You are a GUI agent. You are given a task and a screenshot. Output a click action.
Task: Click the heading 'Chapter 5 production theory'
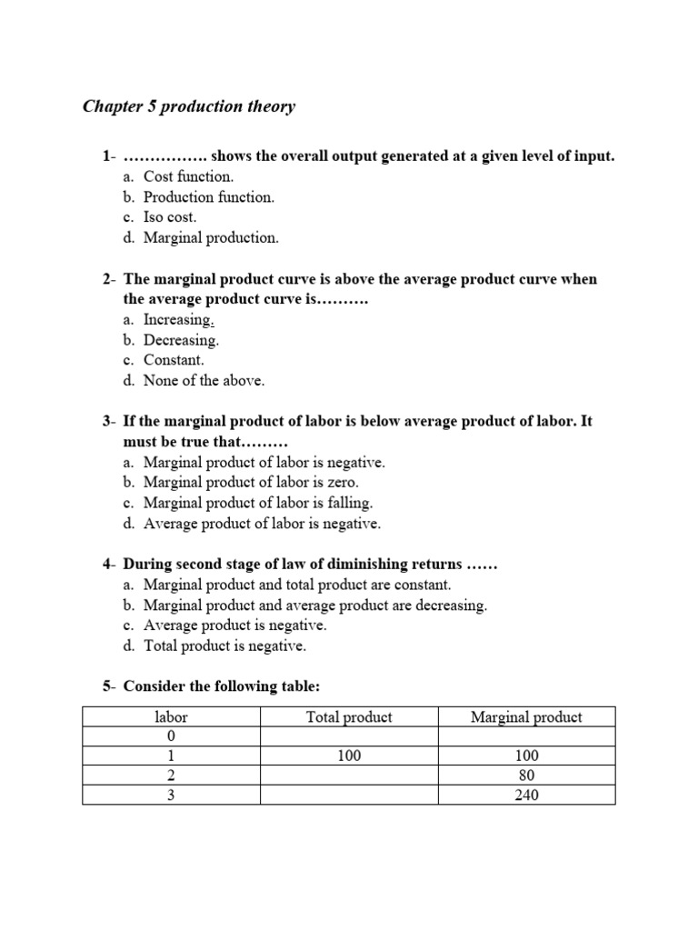tap(189, 107)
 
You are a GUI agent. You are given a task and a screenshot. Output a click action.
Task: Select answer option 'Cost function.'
tap(188, 176)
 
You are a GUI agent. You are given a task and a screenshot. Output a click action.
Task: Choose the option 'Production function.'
tap(208, 197)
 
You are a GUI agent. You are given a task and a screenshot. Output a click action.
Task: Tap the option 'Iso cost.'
tap(169, 217)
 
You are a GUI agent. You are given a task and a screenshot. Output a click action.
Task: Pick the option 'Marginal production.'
tap(211, 238)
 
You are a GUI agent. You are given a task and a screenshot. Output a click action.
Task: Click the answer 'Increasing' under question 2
tap(178, 320)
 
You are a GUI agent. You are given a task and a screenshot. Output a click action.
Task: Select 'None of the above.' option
tap(204, 381)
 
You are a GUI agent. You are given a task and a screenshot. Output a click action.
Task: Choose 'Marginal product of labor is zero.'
tap(251, 483)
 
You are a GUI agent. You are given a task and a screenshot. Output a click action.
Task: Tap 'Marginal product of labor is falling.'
tap(258, 503)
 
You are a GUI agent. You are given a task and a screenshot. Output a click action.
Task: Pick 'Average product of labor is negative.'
tap(262, 524)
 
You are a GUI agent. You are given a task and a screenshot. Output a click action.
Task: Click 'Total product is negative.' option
tap(224, 646)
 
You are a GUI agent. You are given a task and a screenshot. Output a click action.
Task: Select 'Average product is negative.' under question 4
tap(234, 626)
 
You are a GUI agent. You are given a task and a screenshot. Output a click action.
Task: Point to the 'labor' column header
tap(171, 717)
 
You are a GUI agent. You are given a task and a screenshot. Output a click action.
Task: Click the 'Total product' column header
tap(349, 717)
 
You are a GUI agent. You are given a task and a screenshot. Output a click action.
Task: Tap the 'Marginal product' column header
tap(526, 717)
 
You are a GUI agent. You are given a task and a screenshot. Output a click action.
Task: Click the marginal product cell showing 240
tap(526, 796)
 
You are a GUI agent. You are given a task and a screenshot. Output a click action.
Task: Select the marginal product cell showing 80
tap(526, 776)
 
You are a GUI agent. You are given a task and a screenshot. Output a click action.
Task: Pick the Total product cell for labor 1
tap(349, 756)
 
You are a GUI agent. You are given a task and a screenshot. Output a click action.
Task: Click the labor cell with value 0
tap(171, 736)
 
